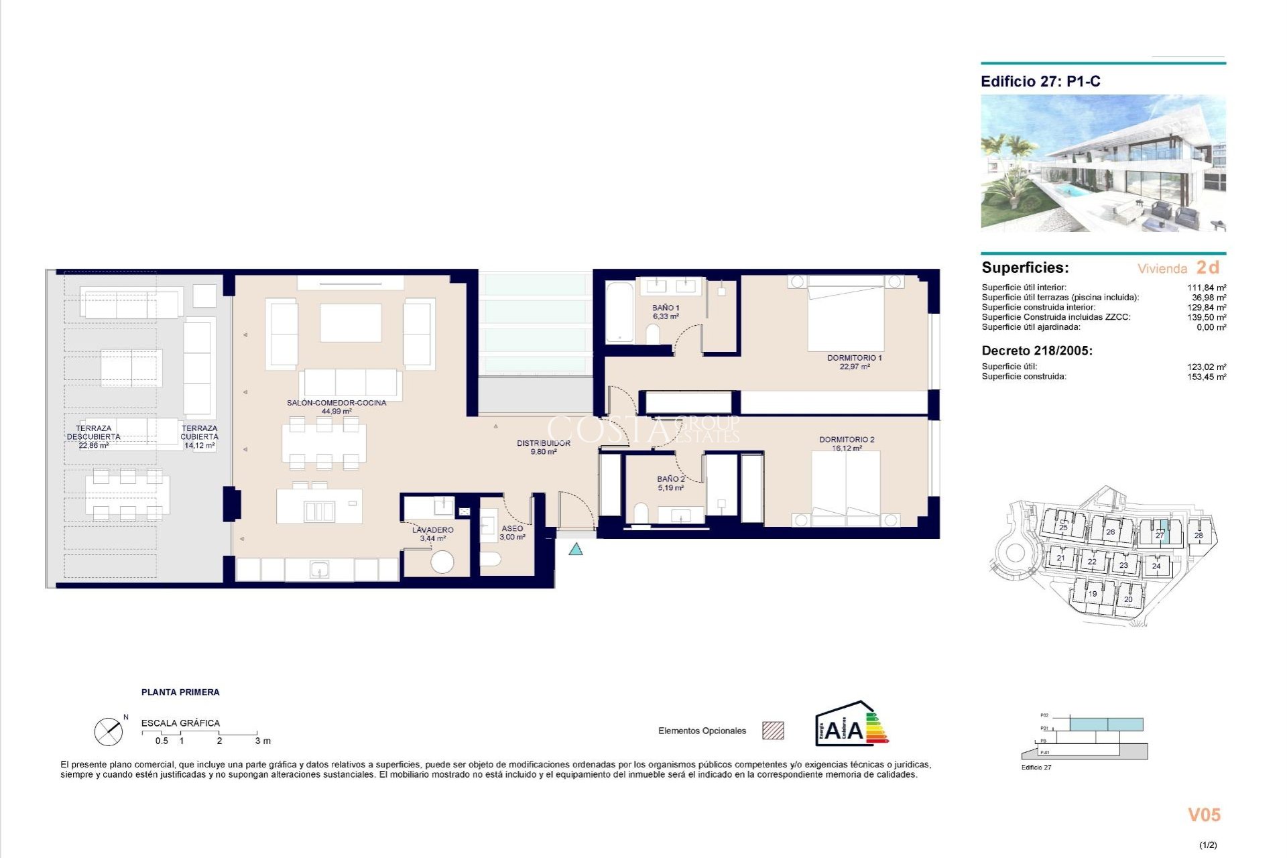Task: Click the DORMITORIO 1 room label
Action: pos(854,359)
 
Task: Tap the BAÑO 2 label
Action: pos(670,479)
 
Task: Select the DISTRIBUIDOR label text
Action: pos(543,444)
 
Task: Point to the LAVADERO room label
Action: pos(432,530)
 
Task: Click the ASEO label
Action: pos(512,529)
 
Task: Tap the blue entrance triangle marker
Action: pos(575,550)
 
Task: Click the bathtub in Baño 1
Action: pos(619,313)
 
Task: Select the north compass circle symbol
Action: pos(109,732)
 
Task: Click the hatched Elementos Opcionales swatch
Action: pos(773,731)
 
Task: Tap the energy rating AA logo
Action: pos(851,725)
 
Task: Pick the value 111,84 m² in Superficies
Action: pos(1206,288)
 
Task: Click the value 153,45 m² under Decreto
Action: pos(1206,377)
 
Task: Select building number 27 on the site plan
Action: pos(1159,535)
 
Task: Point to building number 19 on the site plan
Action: pos(1092,594)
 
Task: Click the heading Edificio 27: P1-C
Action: pos(1040,82)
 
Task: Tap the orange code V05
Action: pos(1204,815)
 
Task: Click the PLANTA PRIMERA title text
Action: pos(180,692)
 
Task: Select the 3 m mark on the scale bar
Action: pos(262,741)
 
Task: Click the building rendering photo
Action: pos(1103,163)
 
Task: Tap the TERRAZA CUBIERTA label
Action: pos(199,433)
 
